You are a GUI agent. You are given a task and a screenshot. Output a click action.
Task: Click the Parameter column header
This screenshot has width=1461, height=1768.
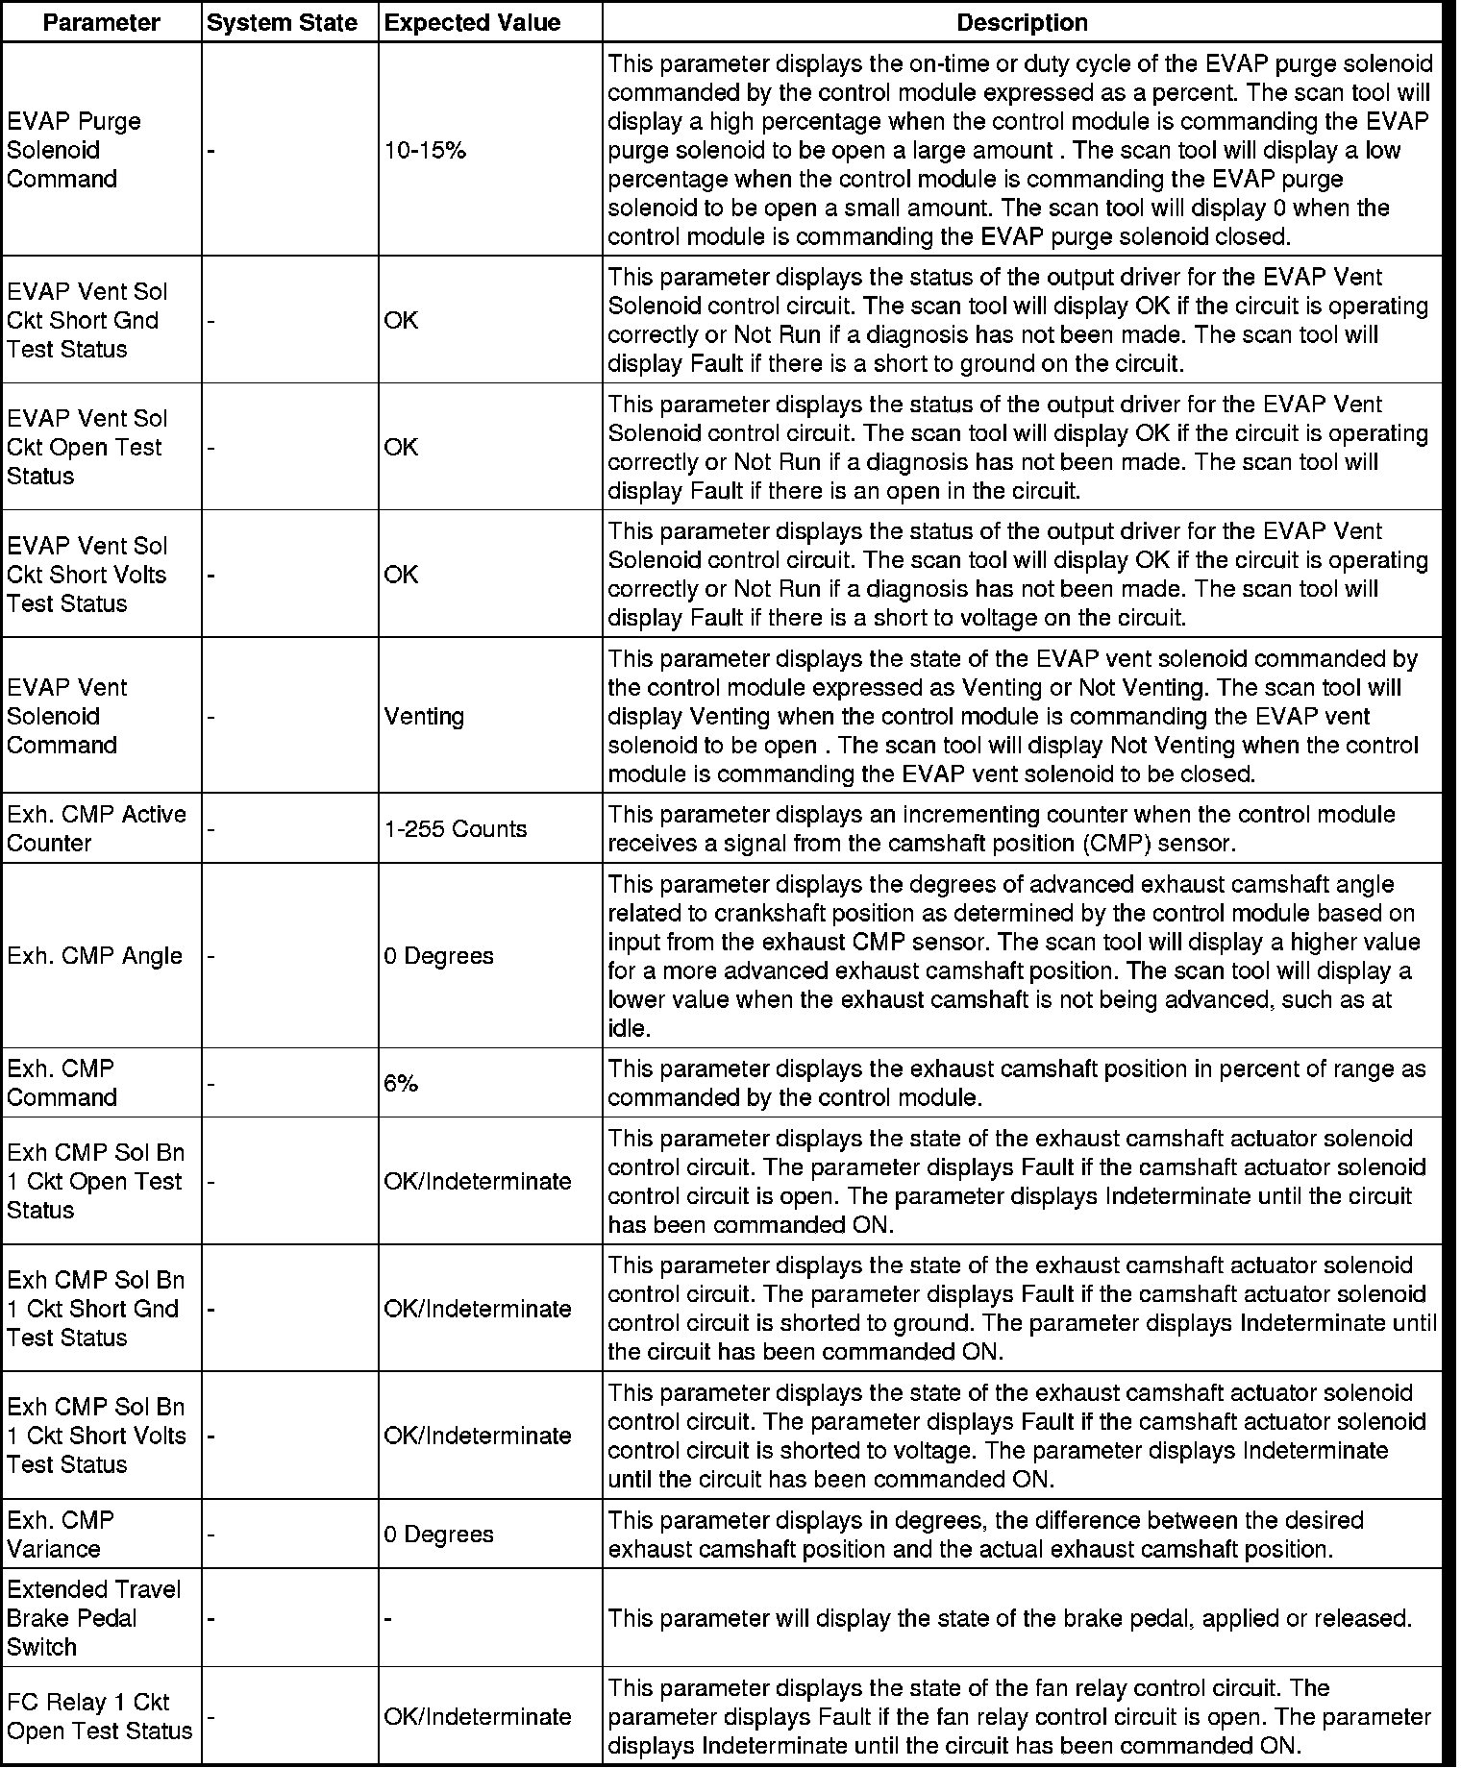(101, 23)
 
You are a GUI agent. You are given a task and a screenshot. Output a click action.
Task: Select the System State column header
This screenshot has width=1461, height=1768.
(282, 23)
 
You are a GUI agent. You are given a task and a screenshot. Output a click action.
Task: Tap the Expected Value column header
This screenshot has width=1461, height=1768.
(472, 23)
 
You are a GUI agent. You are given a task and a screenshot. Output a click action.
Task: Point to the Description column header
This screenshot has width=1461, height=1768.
(1022, 23)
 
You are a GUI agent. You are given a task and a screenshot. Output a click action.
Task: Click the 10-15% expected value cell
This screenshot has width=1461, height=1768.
(425, 151)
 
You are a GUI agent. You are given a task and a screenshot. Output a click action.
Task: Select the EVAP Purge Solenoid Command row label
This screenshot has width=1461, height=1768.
(74, 151)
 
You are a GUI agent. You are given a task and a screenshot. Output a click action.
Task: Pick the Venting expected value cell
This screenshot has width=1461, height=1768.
(424, 717)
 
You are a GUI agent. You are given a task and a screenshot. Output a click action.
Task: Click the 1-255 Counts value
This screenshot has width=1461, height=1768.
(456, 829)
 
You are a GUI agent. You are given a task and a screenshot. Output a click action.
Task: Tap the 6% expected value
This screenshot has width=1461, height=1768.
(401, 1084)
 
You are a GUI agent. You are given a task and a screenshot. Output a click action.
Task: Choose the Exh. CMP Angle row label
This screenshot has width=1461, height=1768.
(94, 956)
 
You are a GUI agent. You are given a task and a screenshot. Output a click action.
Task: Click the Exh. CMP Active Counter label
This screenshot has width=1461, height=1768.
(96, 829)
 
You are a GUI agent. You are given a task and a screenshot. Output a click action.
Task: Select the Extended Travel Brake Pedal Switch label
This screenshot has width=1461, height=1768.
(93, 1619)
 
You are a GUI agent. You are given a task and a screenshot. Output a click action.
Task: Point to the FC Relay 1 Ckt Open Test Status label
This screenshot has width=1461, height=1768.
(99, 1717)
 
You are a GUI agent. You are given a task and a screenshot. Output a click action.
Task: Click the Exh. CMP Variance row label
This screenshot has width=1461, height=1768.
(60, 1535)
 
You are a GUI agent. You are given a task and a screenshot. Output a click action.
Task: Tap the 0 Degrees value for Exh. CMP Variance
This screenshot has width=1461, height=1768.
(438, 1535)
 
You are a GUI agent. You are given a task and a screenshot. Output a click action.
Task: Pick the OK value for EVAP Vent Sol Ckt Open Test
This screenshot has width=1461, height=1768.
(401, 448)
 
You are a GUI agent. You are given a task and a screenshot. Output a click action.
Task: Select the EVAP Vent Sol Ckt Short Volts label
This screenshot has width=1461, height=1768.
(87, 575)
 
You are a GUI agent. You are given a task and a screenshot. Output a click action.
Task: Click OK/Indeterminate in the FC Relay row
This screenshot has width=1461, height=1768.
(478, 1717)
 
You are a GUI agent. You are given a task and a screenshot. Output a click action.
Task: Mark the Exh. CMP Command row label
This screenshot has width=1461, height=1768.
(62, 1084)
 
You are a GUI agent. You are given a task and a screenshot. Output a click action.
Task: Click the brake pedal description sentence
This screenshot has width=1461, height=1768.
(1009, 1619)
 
